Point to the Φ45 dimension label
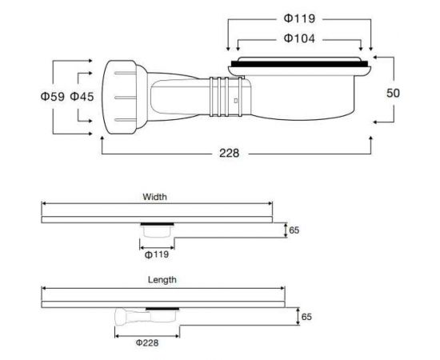point(82,97)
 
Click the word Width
point(154,196)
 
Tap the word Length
point(162,280)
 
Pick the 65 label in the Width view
point(294,230)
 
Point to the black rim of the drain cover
point(300,62)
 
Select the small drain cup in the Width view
point(155,233)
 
